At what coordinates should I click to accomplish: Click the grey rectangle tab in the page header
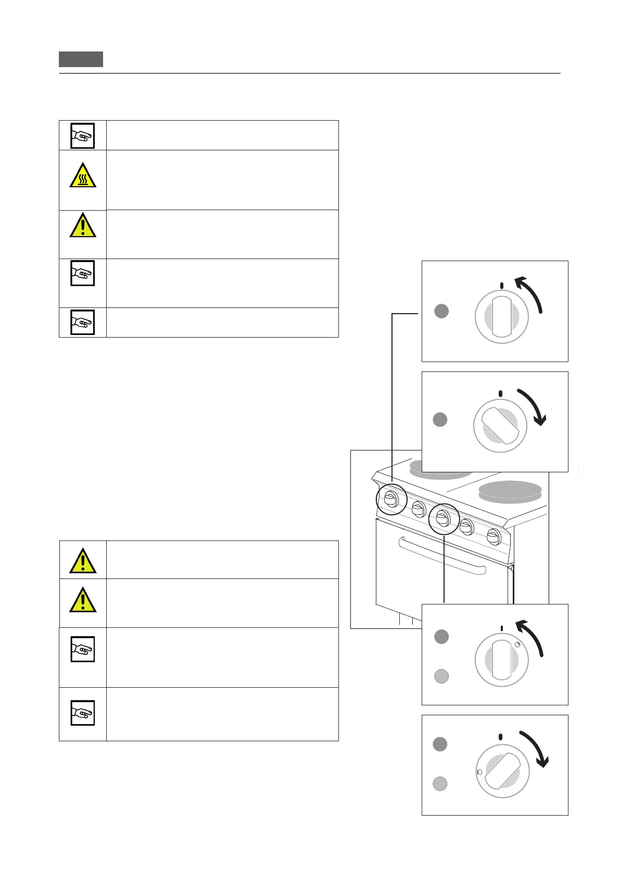point(81,59)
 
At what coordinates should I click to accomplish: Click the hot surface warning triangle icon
point(83,175)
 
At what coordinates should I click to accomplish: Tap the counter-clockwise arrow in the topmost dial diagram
point(531,293)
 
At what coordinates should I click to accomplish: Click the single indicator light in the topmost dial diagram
point(441,311)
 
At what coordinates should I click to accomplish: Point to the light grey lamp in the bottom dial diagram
point(440,784)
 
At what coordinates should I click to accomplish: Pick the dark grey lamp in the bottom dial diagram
point(440,744)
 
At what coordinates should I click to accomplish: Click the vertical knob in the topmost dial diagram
point(501,317)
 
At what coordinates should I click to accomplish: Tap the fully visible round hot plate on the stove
point(510,491)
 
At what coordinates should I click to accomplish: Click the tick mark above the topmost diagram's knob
point(501,286)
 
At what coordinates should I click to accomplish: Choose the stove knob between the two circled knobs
point(419,509)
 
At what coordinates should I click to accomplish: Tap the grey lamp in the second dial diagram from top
point(440,419)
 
